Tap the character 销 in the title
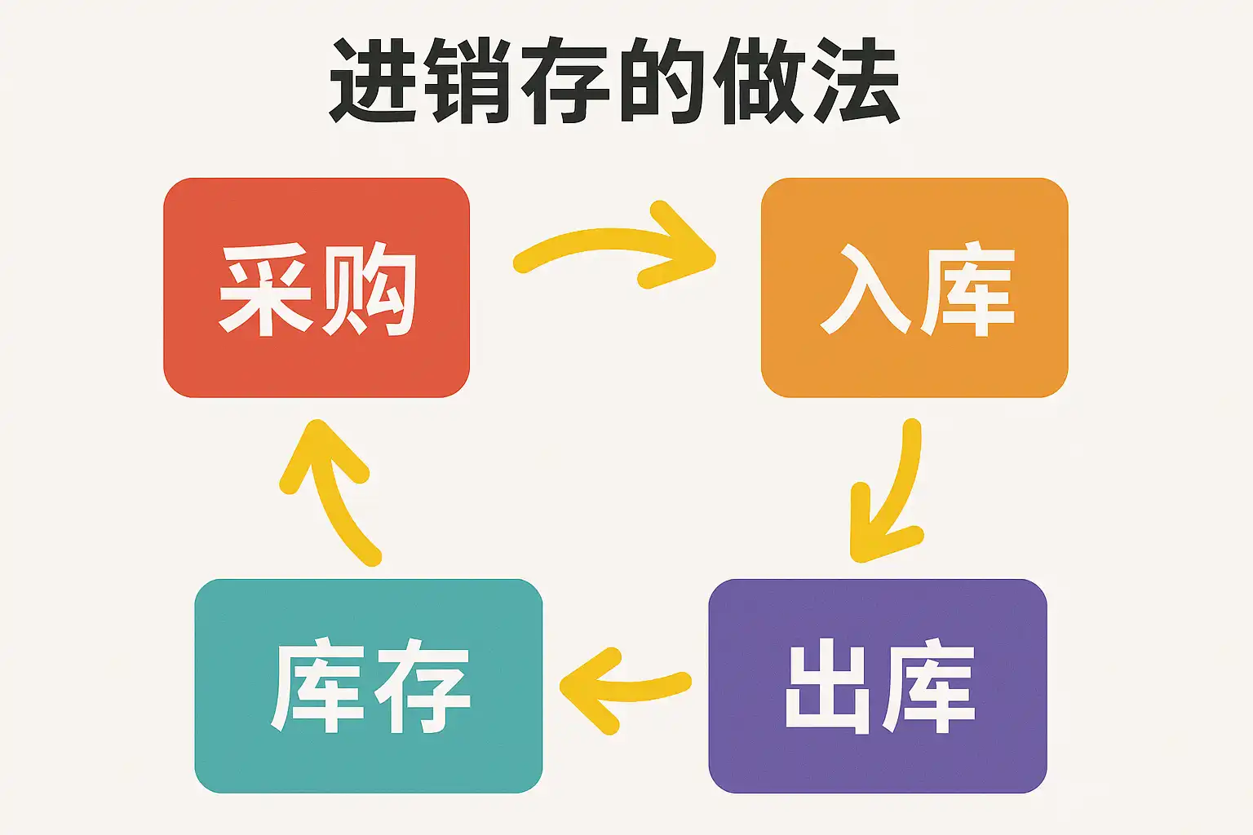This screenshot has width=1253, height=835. tap(473, 82)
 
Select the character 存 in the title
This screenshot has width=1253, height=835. tap(567, 82)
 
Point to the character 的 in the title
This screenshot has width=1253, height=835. tap(662, 82)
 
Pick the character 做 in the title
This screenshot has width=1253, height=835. tap(759, 82)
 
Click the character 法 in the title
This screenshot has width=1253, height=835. tap(855, 82)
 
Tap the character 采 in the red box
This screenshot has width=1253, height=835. tap(266, 290)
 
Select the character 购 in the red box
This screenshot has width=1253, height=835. tap(369, 290)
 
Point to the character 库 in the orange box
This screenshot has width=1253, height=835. tap(967, 290)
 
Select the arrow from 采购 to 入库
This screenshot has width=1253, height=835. tap(620, 245)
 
